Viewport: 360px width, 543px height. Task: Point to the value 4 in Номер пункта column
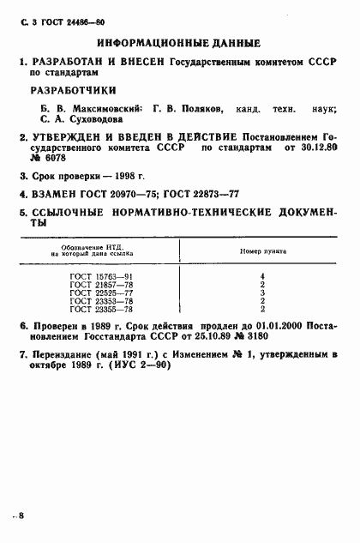[x=261, y=275]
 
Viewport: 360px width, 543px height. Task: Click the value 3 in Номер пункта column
[x=261, y=293]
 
